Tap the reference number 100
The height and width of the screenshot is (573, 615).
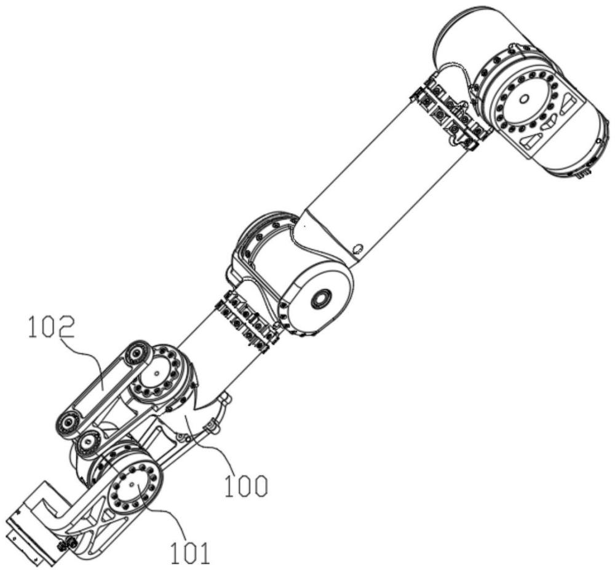246,485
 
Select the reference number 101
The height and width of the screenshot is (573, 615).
190,552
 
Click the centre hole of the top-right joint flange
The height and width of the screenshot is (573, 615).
523,99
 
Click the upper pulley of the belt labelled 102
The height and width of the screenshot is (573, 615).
136,353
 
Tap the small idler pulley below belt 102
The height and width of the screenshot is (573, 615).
89,443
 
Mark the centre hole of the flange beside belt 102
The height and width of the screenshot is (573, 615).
156,373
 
